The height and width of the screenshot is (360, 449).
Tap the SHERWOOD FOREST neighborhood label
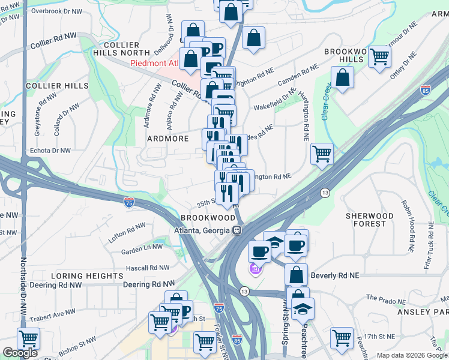click(370, 220)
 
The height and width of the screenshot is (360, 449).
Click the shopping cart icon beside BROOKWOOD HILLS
click(379, 58)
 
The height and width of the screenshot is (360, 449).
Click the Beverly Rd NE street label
click(335, 275)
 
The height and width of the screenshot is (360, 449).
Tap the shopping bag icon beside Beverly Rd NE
click(296, 275)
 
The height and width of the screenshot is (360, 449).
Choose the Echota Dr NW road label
click(50, 151)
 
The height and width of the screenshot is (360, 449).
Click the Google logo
click(20, 353)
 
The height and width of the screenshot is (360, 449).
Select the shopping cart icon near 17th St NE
click(342, 337)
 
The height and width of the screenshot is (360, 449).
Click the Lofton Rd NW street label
click(127, 232)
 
